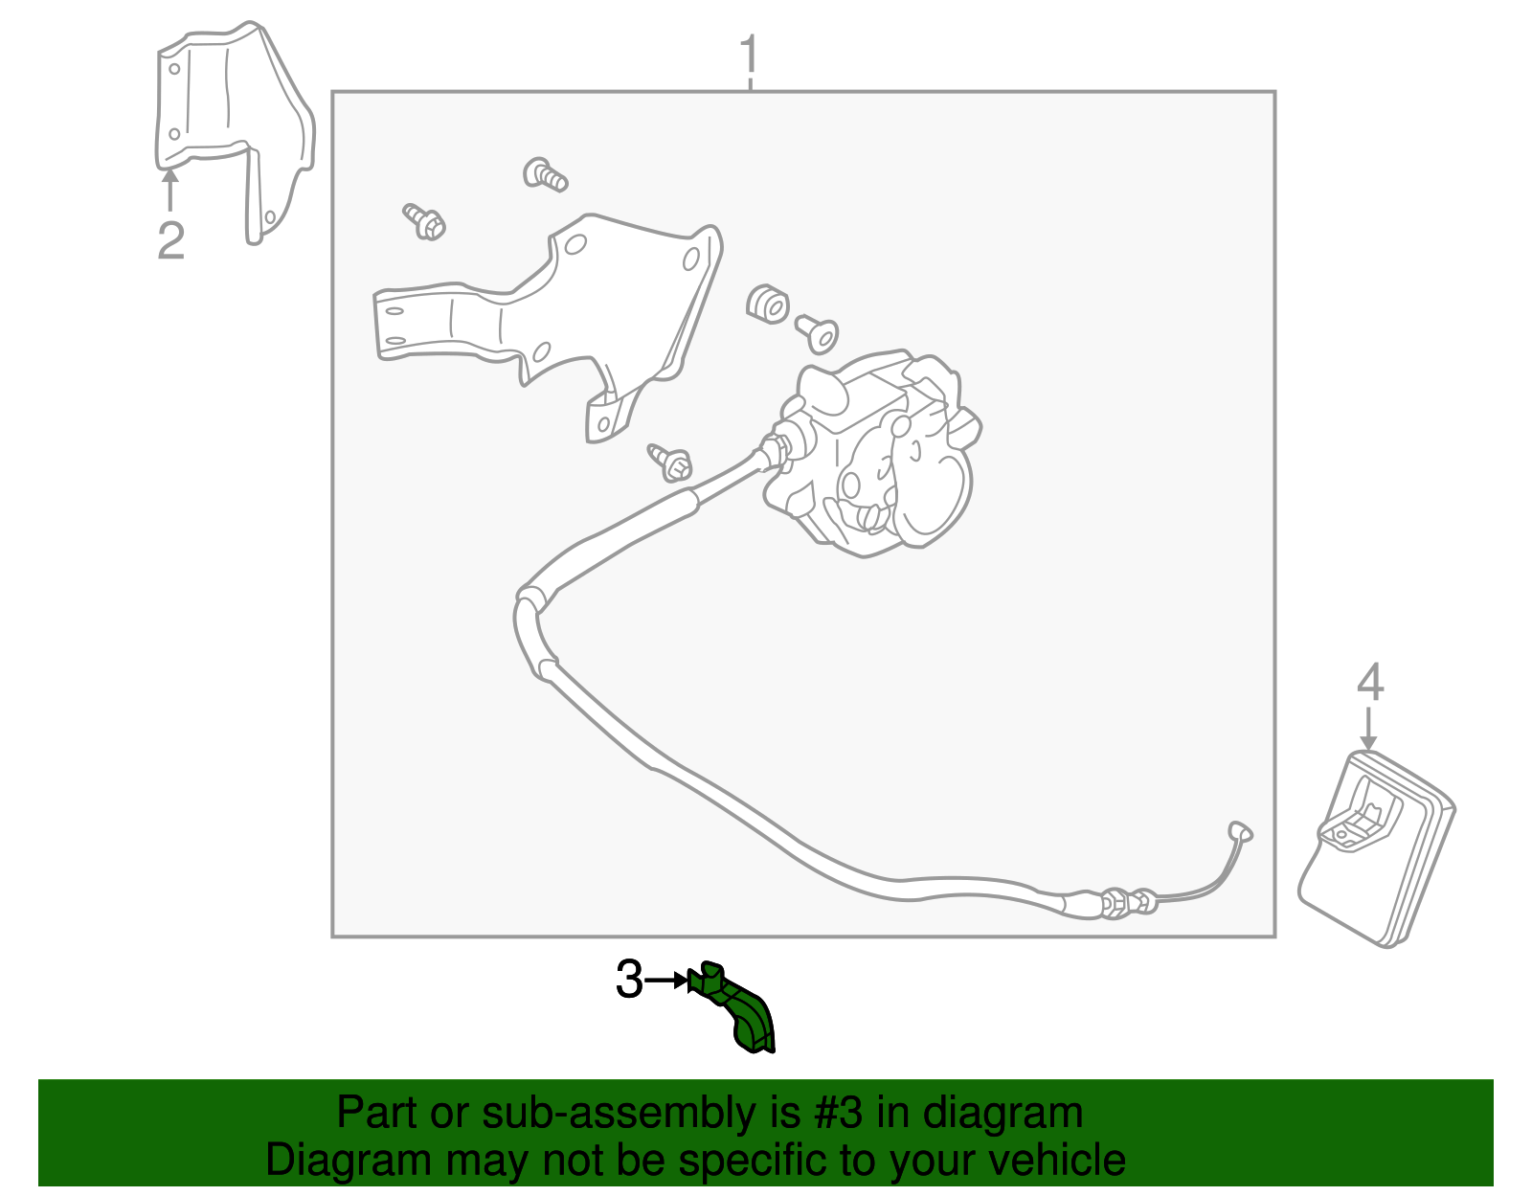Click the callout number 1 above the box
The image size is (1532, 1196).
(749, 55)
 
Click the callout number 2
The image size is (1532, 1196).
(171, 240)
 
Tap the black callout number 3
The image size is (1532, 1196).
(630, 980)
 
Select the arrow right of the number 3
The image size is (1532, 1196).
(667, 981)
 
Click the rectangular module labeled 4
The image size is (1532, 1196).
(1376, 850)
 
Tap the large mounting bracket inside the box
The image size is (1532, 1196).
(549, 325)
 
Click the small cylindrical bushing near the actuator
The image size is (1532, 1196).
(767, 305)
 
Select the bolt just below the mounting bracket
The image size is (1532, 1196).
(670, 463)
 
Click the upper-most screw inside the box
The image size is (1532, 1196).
(545, 174)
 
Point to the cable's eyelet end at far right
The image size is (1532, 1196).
(1240, 831)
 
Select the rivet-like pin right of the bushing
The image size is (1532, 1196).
(817, 334)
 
